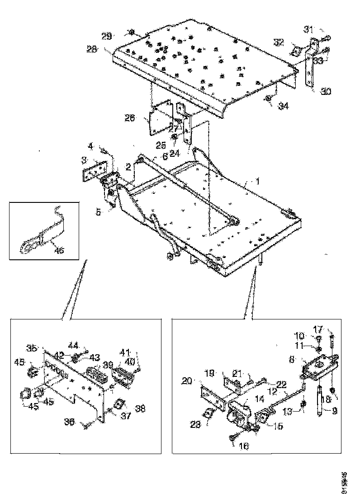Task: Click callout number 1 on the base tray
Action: (x=257, y=182)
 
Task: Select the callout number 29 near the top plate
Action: (x=107, y=36)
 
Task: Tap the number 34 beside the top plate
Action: (x=283, y=106)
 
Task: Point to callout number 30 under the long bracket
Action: (x=326, y=92)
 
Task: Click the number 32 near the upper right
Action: (x=279, y=42)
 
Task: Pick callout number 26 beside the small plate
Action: (x=130, y=118)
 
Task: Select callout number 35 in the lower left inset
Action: (x=32, y=348)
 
